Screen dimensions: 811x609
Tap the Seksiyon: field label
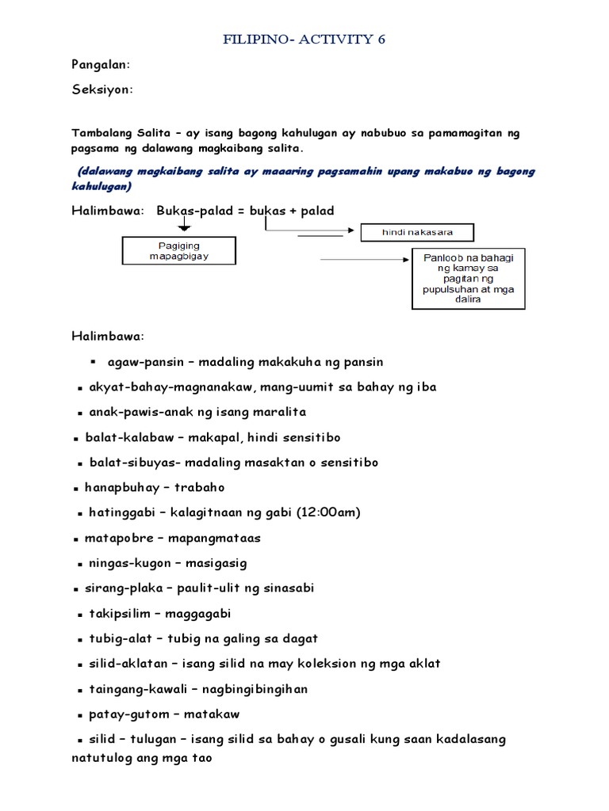coord(102,90)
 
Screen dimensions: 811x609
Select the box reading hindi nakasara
coord(417,233)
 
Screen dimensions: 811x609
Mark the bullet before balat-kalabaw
coord(76,438)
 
